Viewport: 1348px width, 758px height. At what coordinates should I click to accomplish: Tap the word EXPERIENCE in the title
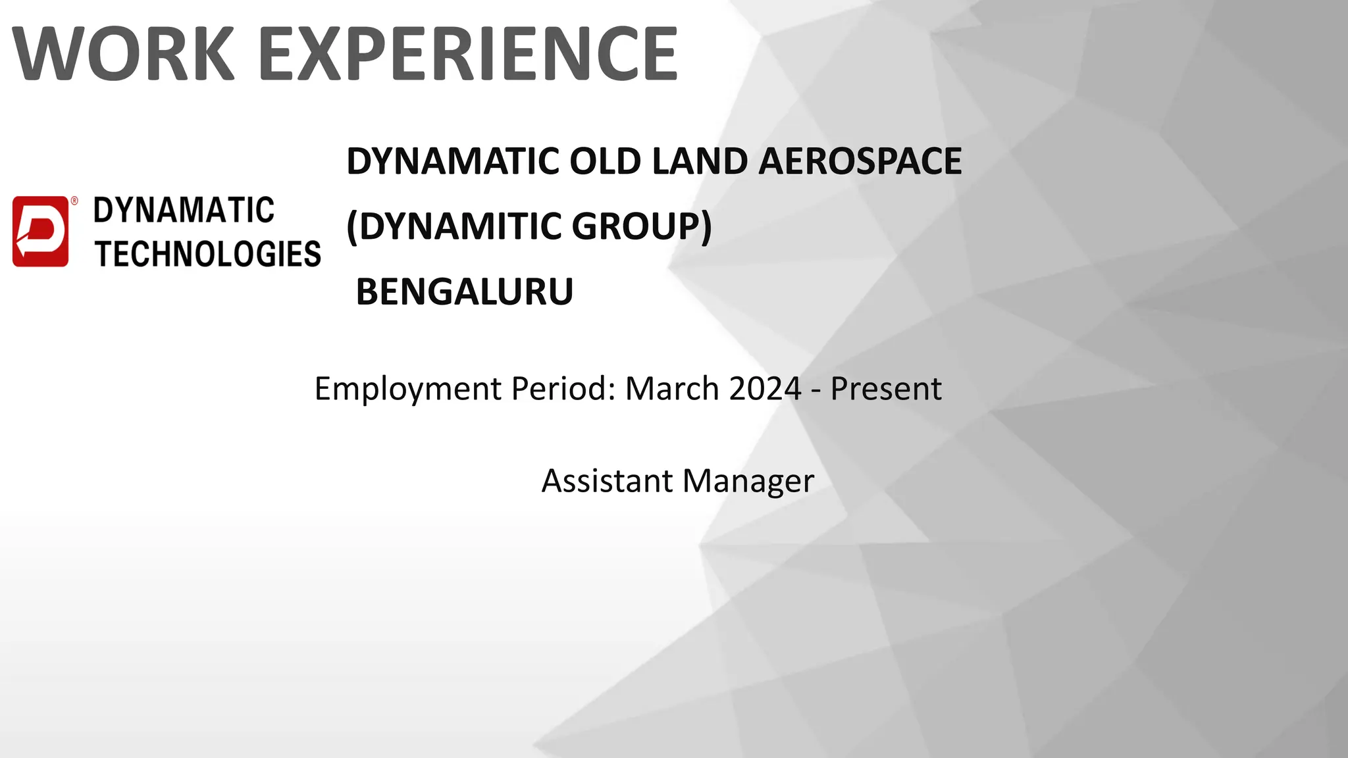pyautogui.click(x=468, y=53)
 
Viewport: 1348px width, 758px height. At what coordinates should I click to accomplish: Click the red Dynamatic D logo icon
pyautogui.click(x=40, y=231)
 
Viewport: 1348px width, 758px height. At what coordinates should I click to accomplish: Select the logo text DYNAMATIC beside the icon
pyautogui.click(x=184, y=211)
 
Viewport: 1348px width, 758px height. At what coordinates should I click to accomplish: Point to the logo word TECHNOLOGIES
pyautogui.click(x=208, y=255)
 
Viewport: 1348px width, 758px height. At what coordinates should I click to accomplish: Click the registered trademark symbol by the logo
pyautogui.click(x=74, y=201)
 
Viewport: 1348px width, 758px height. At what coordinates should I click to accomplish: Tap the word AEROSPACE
pyautogui.click(x=860, y=161)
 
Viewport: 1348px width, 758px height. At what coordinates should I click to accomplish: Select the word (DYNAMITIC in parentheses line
pyautogui.click(x=453, y=226)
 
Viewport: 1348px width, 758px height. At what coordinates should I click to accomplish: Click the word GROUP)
pyautogui.click(x=642, y=226)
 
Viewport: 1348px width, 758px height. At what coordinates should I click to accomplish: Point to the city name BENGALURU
pyautogui.click(x=465, y=291)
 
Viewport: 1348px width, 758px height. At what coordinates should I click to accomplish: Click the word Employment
pyautogui.click(x=408, y=389)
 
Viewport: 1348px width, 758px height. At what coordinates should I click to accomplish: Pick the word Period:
pyautogui.click(x=563, y=389)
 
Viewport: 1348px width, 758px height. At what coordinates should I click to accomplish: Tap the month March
pyautogui.click(x=671, y=389)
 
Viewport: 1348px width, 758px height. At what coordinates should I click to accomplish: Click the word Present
pyautogui.click(x=885, y=389)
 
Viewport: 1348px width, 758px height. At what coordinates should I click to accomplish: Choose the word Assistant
pyautogui.click(x=606, y=481)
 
